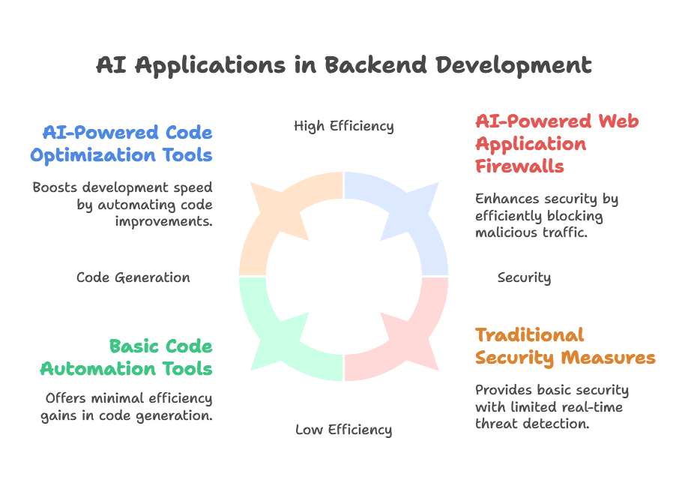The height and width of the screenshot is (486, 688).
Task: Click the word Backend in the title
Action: tap(375, 65)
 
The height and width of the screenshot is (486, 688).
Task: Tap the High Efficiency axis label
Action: tap(343, 127)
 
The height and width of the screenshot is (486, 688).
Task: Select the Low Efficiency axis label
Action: tap(343, 430)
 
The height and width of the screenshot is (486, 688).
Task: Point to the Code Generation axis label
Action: tap(133, 277)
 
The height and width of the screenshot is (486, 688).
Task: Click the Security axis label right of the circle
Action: tap(524, 277)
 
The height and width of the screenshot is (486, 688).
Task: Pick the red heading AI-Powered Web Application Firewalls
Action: tap(557, 144)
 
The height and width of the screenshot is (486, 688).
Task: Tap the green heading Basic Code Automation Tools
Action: tap(127, 358)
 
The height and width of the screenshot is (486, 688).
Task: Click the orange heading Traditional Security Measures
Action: tap(565, 346)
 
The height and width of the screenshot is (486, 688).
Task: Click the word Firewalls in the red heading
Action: tap(519, 166)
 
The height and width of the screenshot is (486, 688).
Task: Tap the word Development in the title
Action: tap(513, 66)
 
